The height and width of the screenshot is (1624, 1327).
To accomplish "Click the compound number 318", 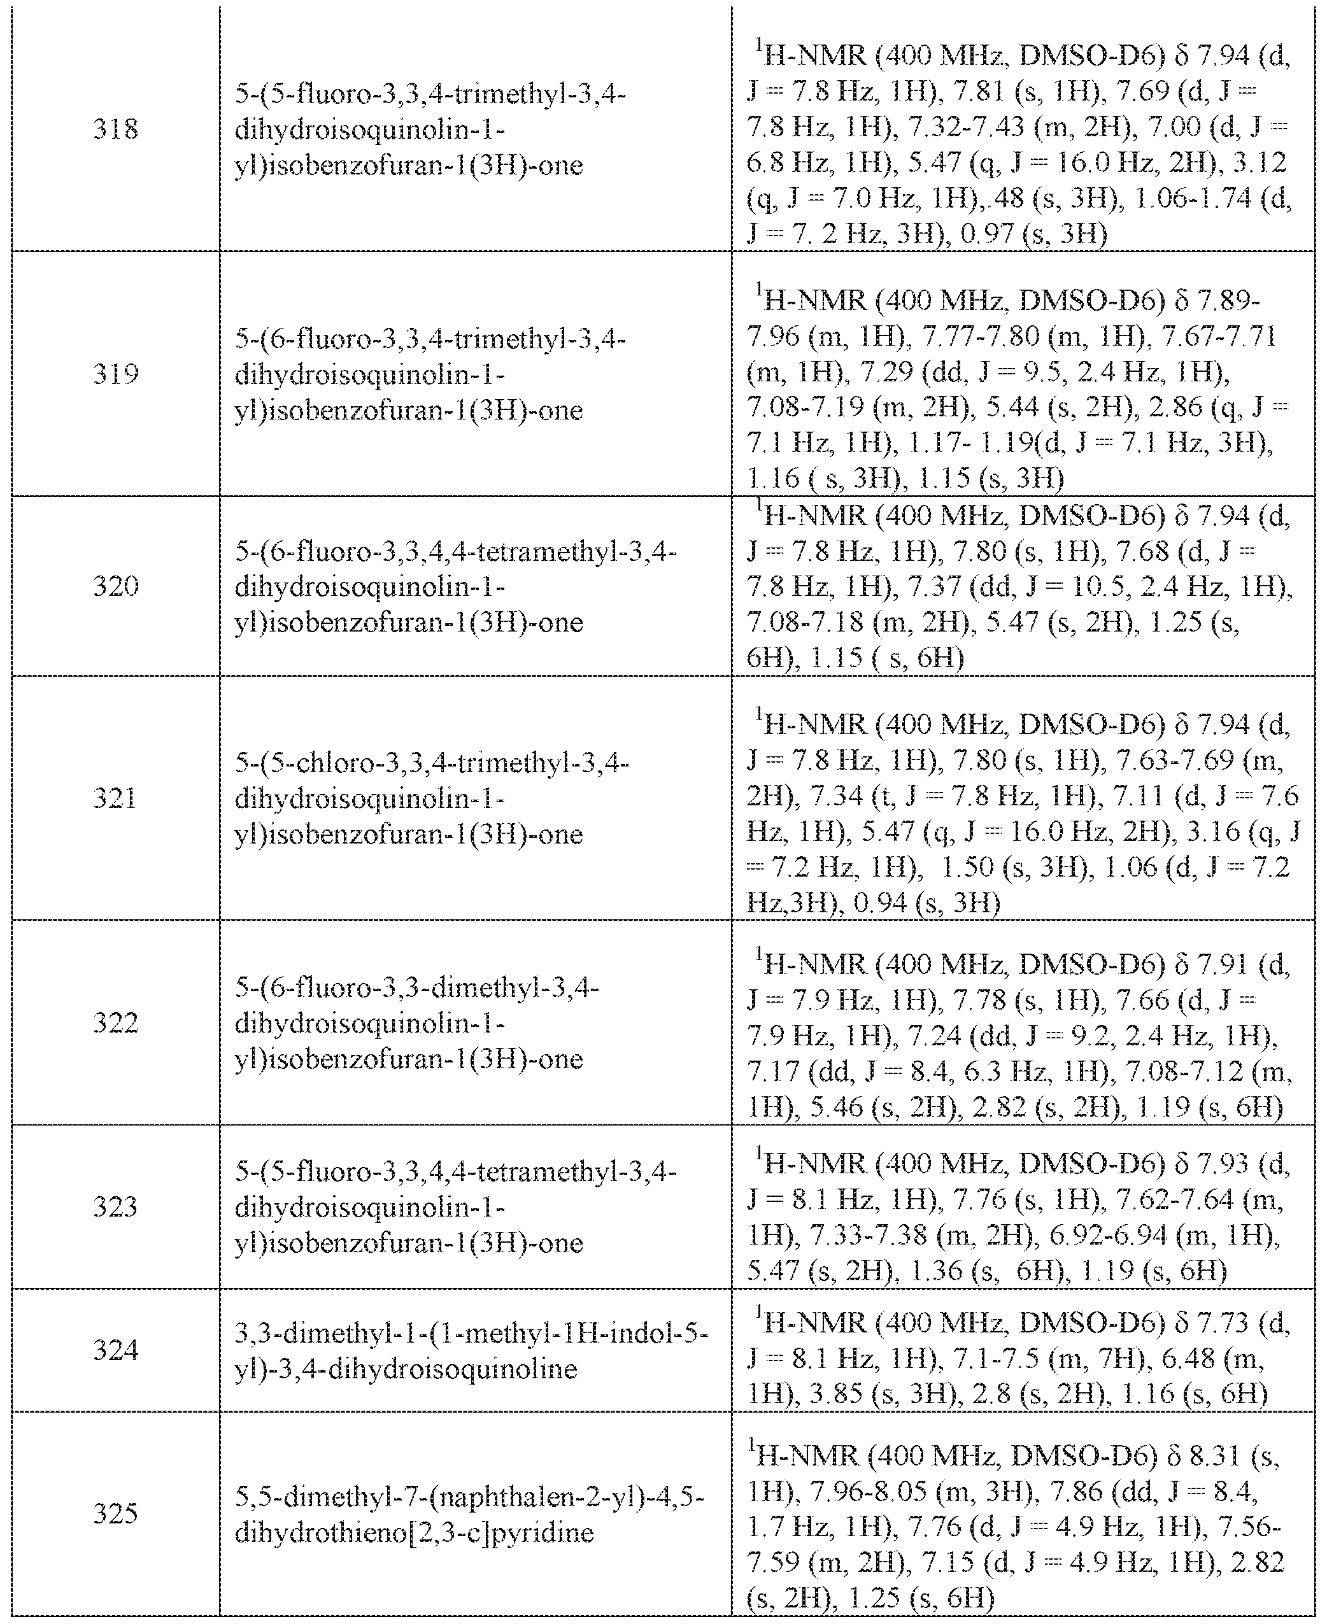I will pyautogui.click(x=115, y=129).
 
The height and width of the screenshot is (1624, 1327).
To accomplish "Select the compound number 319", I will pyautogui.click(x=115, y=374).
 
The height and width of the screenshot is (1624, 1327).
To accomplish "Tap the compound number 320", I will pyautogui.click(x=115, y=586).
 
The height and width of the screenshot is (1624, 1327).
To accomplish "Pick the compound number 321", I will pyautogui.click(x=115, y=798).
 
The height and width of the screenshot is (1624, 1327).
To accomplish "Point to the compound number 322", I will pyautogui.click(x=115, y=1022).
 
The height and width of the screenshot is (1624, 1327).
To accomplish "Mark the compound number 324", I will pyautogui.click(x=115, y=1350).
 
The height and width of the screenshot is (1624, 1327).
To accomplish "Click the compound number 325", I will pyautogui.click(x=115, y=1513).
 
